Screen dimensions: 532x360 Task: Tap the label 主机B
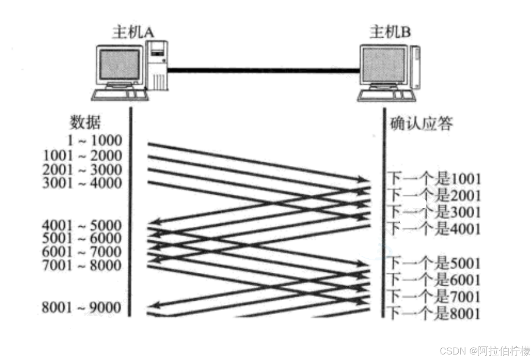point(390,32)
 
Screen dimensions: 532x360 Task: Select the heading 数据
point(86,123)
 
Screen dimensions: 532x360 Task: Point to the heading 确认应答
point(421,123)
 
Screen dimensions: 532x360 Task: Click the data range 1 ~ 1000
point(94,140)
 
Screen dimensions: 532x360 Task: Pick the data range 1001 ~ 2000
point(82,155)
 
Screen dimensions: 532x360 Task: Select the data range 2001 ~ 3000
point(82,169)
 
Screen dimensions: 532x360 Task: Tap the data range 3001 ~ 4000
point(82,183)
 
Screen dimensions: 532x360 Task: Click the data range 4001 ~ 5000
point(82,225)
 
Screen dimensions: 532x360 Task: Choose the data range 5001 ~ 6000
point(82,238)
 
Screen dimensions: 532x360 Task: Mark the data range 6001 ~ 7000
point(82,252)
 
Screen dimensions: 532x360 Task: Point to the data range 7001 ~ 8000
point(82,265)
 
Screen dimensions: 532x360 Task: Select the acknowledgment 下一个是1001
point(435,179)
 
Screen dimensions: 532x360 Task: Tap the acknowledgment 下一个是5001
point(435,263)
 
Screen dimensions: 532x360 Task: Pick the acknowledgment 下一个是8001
point(435,314)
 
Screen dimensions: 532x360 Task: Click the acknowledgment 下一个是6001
point(435,280)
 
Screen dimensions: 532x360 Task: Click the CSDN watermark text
point(484,351)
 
